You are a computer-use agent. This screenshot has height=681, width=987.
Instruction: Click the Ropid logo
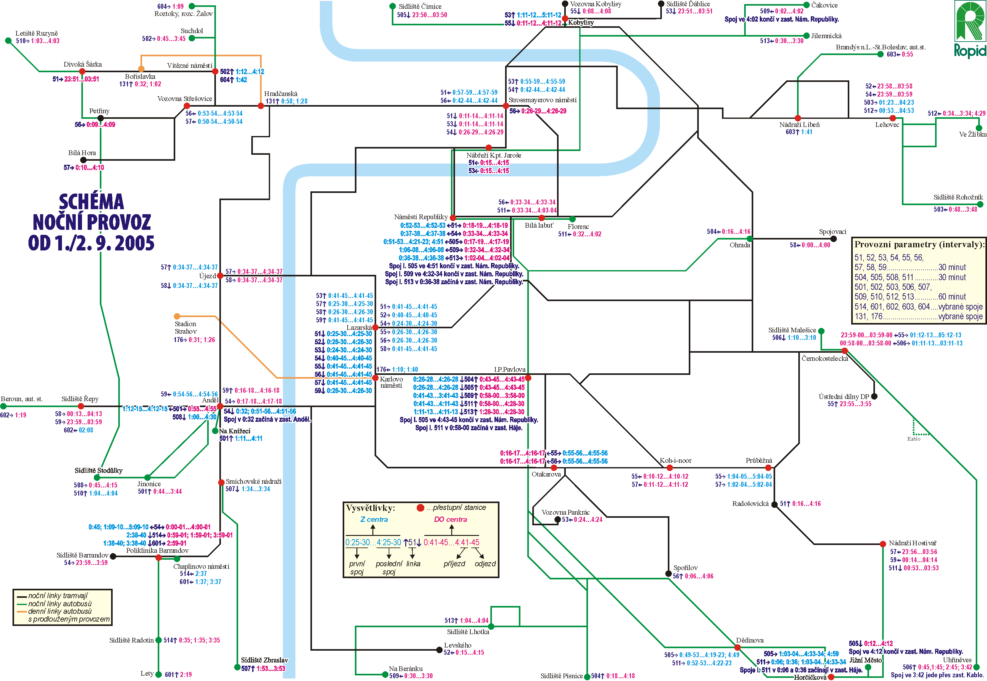coord(970,29)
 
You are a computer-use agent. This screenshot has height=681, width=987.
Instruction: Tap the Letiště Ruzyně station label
coord(36,33)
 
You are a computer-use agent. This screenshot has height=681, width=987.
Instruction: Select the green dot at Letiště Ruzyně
coord(8,41)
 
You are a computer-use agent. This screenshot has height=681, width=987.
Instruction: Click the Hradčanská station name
coord(281,93)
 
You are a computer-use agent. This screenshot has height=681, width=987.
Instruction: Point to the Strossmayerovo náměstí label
coord(542,100)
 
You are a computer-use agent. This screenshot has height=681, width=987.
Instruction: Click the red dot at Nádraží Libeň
coord(797,118)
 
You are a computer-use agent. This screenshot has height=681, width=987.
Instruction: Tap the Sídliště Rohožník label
coord(958,197)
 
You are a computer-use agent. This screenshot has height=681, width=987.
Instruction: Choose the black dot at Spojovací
coord(833,239)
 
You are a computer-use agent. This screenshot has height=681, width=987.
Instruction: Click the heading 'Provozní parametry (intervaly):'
coord(919,245)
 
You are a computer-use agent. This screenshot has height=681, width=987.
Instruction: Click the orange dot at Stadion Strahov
coord(177,316)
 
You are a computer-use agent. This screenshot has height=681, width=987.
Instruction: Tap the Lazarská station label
coord(359,327)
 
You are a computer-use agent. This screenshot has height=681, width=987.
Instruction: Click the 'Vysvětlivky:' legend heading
coord(370,508)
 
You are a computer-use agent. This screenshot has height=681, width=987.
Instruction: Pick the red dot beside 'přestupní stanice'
coord(420,507)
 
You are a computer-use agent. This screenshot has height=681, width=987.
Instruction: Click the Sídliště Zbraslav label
coord(264,660)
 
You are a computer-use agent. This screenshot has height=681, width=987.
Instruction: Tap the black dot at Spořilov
coord(668,573)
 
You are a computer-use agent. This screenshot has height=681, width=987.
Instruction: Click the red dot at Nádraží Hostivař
coord(882,544)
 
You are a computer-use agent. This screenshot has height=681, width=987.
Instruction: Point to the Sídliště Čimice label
coord(420,6)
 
